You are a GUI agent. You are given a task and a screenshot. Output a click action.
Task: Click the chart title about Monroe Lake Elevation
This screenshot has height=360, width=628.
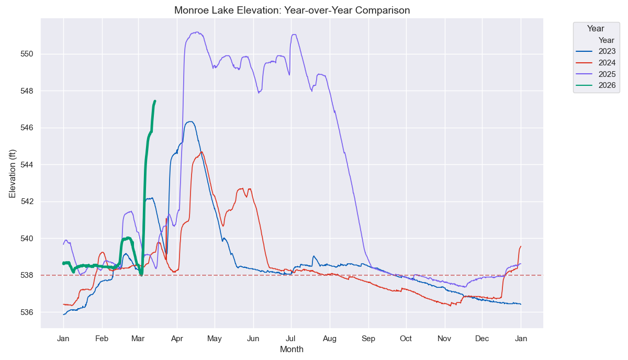(x=292, y=10)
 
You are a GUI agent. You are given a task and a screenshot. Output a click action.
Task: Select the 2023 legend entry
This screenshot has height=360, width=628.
(x=596, y=51)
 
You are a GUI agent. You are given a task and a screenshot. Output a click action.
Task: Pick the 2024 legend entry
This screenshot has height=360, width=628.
(x=596, y=62)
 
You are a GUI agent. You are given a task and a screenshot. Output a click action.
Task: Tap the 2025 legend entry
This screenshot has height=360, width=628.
(x=596, y=74)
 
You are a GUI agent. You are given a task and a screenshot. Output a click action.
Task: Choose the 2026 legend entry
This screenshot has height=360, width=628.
(x=596, y=85)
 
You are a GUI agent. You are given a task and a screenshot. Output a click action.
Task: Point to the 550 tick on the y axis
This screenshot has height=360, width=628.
(x=27, y=54)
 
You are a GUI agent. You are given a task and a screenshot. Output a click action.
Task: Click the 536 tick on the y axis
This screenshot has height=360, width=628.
(x=27, y=312)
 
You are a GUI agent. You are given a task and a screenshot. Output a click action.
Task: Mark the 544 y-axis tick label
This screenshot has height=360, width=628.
(x=27, y=165)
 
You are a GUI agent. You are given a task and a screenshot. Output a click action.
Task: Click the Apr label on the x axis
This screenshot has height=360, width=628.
(x=177, y=339)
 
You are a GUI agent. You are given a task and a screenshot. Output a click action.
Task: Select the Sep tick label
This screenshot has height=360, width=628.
(x=368, y=339)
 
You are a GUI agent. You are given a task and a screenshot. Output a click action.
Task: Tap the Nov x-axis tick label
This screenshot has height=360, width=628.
(x=444, y=339)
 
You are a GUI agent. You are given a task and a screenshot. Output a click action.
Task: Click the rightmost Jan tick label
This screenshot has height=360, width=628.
(x=521, y=339)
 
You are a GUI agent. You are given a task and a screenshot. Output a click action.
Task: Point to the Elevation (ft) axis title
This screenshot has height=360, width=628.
(x=13, y=174)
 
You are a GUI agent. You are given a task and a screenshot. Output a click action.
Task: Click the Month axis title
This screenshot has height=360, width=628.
(x=291, y=350)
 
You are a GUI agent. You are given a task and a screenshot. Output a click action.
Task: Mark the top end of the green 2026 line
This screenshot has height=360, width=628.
(x=155, y=101)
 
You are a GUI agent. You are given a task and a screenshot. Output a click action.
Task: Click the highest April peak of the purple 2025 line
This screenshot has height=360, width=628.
(x=197, y=32)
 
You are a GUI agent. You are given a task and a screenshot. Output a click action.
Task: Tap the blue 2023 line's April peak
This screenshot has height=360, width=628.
(x=190, y=121)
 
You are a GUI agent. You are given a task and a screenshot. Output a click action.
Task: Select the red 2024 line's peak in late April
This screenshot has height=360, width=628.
(x=202, y=152)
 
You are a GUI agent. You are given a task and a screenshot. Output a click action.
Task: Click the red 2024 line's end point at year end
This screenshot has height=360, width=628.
(x=521, y=246)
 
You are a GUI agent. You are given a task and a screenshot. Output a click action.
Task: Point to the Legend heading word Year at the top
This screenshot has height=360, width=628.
(x=596, y=29)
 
